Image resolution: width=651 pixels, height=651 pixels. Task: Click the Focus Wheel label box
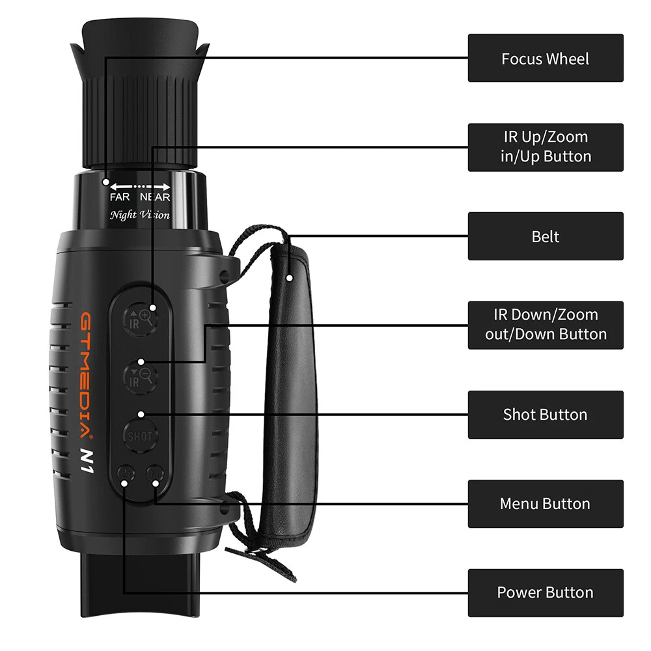(x=545, y=58)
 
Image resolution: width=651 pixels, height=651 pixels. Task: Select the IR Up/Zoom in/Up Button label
(x=545, y=147)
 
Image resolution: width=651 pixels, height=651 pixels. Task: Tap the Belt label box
(x=545, y=236)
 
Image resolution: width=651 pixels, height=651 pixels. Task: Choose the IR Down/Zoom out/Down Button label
(x=545, y=325)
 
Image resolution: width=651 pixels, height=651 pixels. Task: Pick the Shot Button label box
(x=545, y=414)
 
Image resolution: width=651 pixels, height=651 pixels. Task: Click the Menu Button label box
(x=545, y=504)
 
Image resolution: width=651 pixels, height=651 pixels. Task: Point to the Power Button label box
(x=545, y=592)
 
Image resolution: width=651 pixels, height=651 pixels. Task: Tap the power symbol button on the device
(x=126, y=474)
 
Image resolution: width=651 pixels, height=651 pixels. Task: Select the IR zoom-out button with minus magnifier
(x=141, y=377)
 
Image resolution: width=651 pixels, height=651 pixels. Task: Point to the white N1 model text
(x=87, y=461)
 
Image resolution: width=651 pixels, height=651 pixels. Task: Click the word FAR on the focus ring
(x=120, y=197)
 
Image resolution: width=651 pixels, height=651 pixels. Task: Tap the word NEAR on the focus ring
(x=155, y=197)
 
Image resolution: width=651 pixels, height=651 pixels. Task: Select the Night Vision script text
(x=140, y=215)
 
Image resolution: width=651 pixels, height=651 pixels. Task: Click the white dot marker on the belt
(x=290, y=278)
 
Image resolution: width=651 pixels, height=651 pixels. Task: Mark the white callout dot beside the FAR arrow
(x=106, y=182)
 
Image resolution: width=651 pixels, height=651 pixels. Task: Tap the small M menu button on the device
(x=155, y=473)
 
